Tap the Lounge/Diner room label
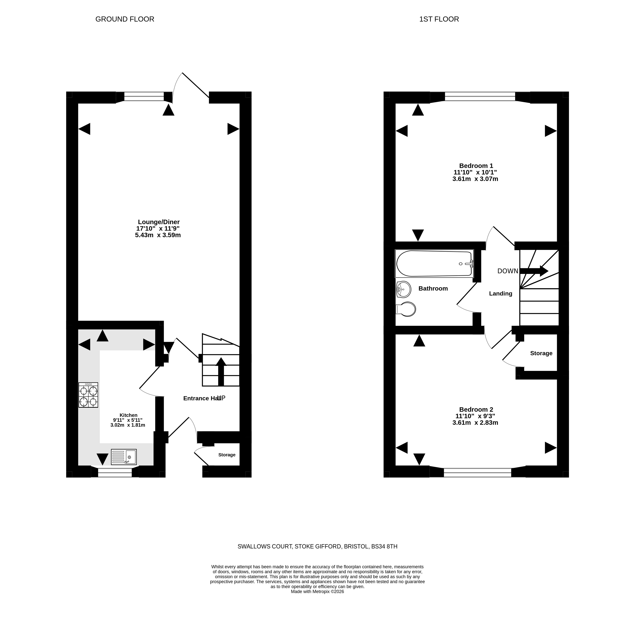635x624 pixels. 159,222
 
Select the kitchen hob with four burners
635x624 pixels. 88,395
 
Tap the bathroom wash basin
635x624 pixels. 403,289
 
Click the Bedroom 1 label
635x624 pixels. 476,166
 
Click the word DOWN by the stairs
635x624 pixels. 508,271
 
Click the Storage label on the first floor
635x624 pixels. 541,353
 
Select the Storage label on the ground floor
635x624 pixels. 227,455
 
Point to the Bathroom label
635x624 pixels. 433,288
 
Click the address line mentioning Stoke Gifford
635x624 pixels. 317,546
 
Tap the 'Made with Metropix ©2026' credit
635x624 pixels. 317,592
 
